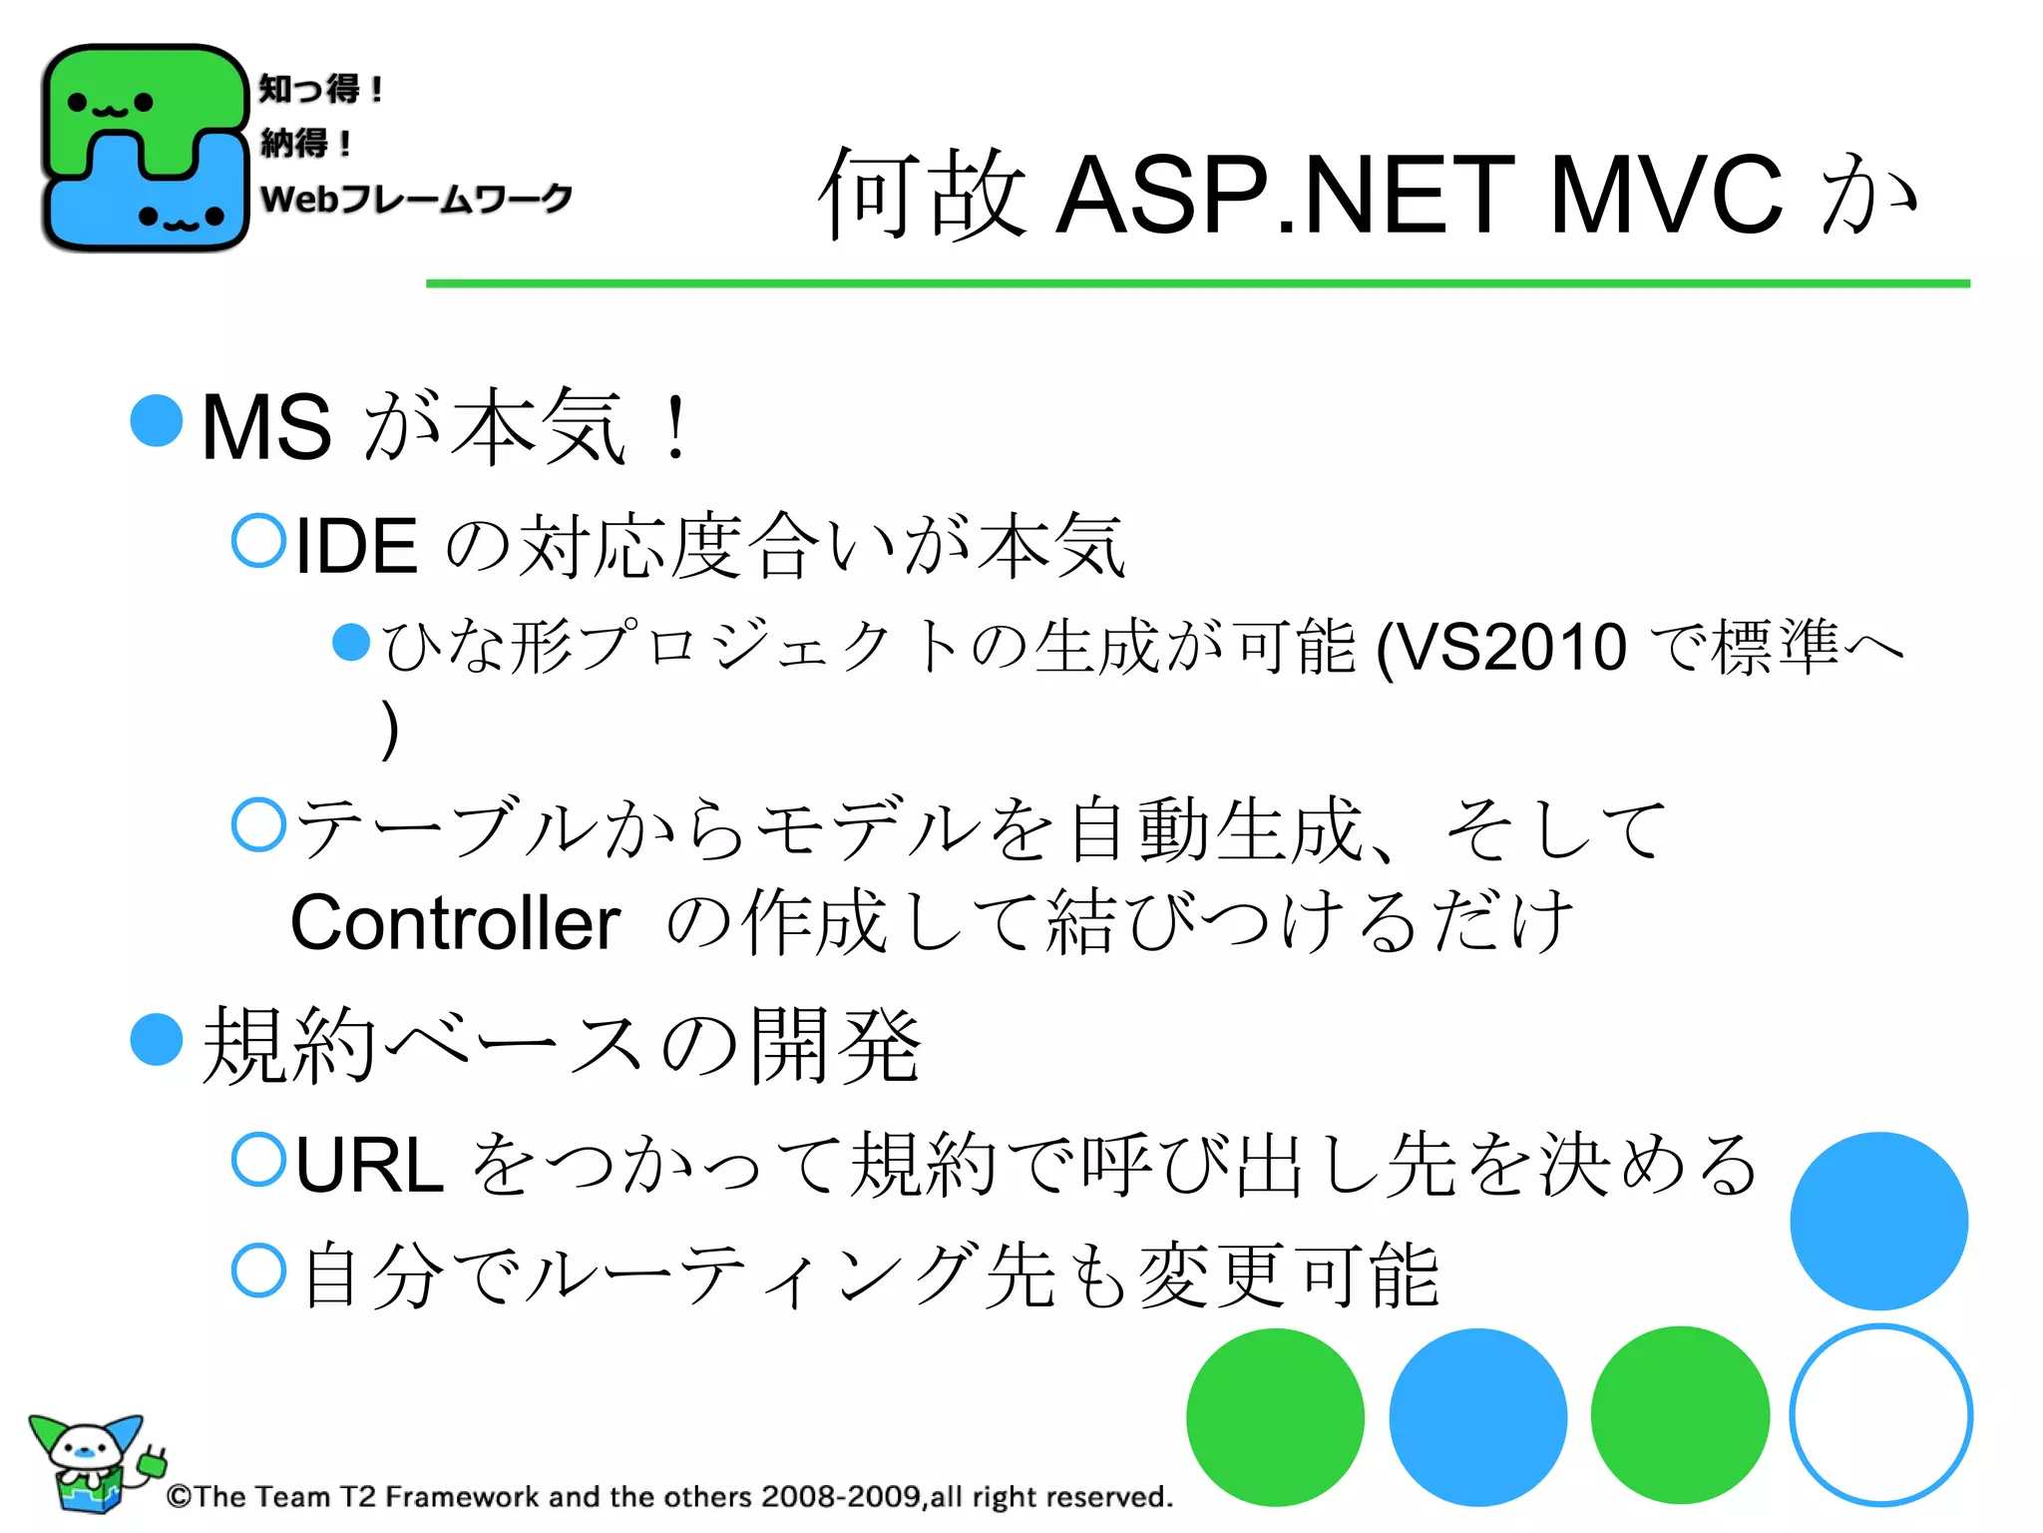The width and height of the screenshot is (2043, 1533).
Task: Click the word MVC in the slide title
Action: [x=1665, y=195]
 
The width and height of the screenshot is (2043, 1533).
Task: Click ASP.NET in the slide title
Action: [x=1287, y=195]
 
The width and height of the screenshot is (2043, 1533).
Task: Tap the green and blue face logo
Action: [x=145, y=148]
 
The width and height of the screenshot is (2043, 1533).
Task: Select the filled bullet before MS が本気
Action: [x=157, y=420]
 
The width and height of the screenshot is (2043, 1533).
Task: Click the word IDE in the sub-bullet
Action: [x=356, y=546]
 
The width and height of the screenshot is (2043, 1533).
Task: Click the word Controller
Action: [x=455, y=923]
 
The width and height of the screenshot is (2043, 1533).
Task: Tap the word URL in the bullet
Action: [x=369, y=1165]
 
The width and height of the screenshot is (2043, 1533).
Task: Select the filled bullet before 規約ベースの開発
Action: [x=157, y=1039]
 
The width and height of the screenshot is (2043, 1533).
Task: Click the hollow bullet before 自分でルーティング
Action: [x=259, y=1271]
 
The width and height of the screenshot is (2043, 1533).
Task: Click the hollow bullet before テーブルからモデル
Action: [x=259, y=824]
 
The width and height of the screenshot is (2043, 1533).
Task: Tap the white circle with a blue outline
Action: [x=1880, y=1415]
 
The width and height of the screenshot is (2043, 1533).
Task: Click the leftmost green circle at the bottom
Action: [x=1275, y=1417]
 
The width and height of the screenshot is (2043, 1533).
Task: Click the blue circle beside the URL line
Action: [x=1878, y=1221]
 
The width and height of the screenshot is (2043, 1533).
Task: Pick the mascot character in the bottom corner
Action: [x=90, y=1462]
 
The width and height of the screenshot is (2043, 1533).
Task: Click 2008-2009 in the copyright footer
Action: [x=840, y=1496]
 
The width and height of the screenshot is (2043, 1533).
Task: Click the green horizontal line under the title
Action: [x=1197, y=284]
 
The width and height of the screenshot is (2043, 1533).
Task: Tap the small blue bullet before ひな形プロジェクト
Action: [x=350, y=642]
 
